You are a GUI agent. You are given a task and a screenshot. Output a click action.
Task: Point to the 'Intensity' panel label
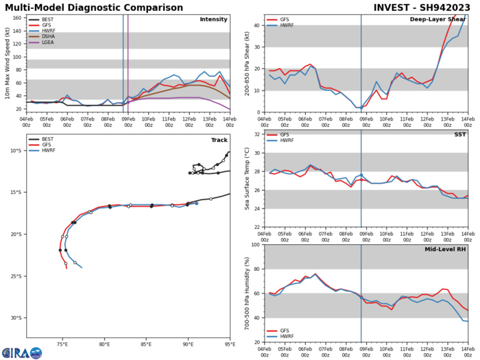213,19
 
